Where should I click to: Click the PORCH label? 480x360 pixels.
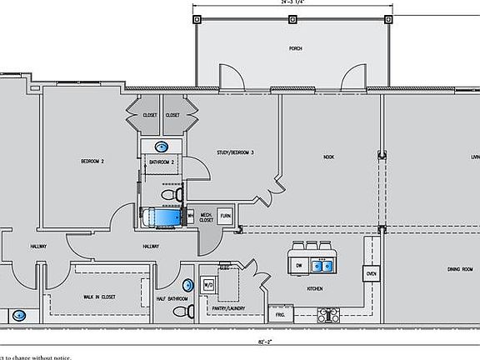tap(295, 49)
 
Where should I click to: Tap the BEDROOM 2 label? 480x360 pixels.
tap(92, 161)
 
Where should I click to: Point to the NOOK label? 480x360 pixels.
tap(328, 157)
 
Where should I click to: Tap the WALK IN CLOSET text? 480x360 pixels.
tap(99, 297)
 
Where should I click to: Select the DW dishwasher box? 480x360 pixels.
tap(298, 266)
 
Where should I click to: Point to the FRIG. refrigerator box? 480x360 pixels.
tap(277, 316)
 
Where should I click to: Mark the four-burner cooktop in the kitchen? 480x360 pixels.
tap(328, 315)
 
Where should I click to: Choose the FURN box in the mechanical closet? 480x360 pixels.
tap(225, 215)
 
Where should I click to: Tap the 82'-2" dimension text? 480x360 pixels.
tap(241, 342)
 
